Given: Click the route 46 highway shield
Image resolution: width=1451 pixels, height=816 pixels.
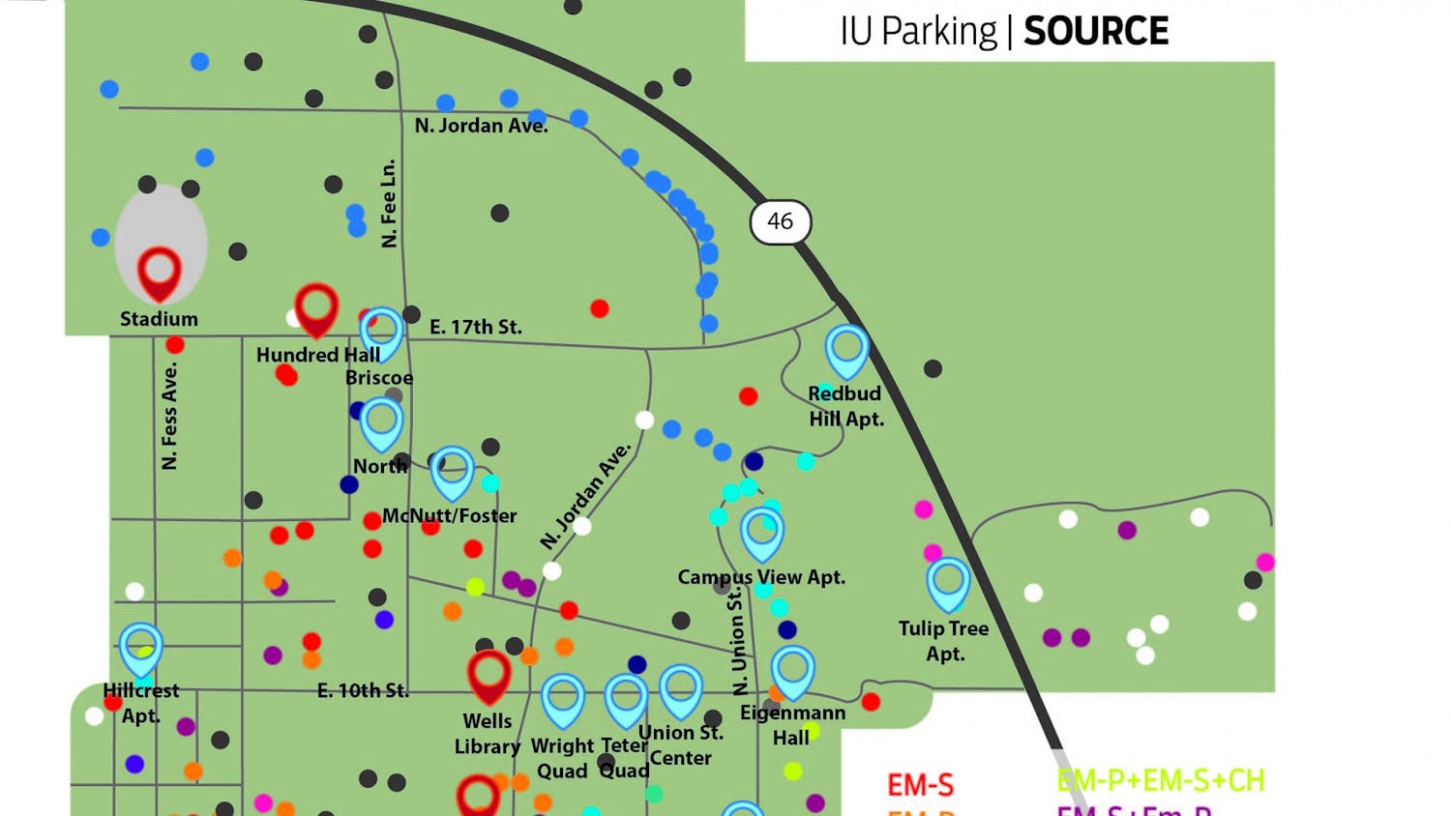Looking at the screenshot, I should click(780, 221).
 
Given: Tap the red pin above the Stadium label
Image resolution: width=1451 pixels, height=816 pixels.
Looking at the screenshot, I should click(160, 272).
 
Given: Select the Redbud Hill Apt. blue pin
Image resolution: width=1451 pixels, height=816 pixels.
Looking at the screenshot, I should click(846, 349).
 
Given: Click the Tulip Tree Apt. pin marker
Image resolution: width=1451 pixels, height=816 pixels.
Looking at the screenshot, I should click(948, 582).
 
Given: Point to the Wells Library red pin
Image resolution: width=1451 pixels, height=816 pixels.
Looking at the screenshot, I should click(489, 674).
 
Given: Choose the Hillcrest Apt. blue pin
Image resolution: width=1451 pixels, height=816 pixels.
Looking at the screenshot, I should click(141, 648).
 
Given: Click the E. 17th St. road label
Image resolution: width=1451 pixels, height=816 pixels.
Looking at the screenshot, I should click(475, 327).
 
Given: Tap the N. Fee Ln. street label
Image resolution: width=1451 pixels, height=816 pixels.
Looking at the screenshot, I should click(389, 203).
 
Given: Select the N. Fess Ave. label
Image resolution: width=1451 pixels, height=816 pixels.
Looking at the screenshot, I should click(170, 416).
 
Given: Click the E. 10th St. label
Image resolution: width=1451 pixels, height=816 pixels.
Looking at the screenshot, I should click(363, 690).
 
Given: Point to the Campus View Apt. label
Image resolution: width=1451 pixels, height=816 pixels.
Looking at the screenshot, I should click(761, 577).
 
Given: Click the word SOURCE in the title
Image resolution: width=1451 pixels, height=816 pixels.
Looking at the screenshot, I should click(1096, 31).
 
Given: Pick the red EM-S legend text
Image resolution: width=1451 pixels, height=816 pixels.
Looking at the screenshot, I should click(920, 784).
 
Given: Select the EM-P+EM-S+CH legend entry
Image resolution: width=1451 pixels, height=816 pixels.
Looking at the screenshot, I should click(1160, 780).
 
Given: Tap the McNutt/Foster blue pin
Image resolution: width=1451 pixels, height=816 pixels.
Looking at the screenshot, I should click(452, 471).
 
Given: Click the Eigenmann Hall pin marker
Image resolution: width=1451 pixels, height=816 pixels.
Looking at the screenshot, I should click(793, 670).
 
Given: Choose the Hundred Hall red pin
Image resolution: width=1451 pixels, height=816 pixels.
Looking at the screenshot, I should click(316, 307).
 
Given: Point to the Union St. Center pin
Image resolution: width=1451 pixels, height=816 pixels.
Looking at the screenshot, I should click(681, 688).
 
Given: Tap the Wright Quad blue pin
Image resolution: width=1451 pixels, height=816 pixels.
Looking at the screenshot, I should click(563, 698).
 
